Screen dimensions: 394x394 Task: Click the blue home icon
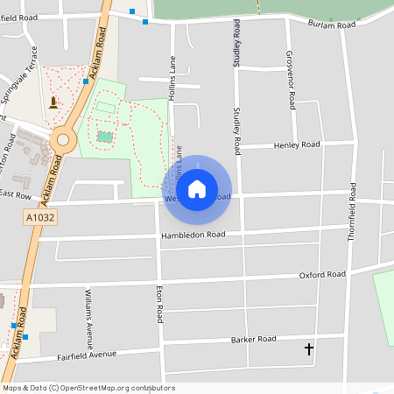tap(197, 188)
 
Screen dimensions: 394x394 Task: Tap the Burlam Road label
tap(332, 25)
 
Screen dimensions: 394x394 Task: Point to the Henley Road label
tap(298, 145)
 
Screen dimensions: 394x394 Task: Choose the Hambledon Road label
tap(193, 236)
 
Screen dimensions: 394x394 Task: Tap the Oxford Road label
tap(322, 275)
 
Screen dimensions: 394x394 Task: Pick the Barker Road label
tap(253, 339)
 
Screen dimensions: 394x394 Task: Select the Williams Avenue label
tap(88, 313)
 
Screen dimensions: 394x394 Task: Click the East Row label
tap(15, 194)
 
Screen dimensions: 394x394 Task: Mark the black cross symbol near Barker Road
tap(308, 349)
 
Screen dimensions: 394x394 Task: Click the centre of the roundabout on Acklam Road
tap(62, 139)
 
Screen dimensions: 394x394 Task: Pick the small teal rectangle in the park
tap(105, 137)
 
